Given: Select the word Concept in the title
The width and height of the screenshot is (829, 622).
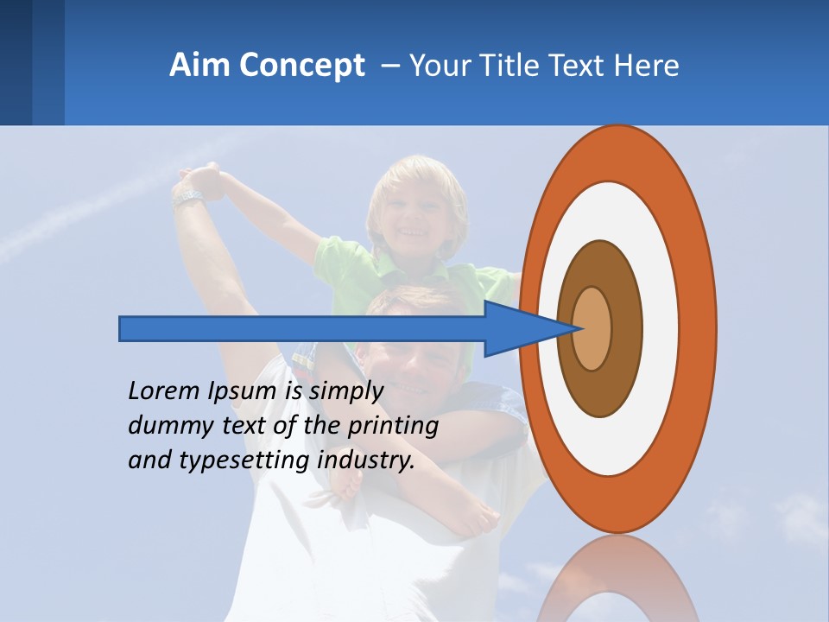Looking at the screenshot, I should coord(302,67).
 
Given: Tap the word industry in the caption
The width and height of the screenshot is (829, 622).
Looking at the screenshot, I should coord(366,460).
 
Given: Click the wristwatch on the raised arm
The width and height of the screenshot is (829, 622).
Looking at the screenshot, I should coord(187,198).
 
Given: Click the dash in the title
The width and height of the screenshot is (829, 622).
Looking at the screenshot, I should coord(390,67).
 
